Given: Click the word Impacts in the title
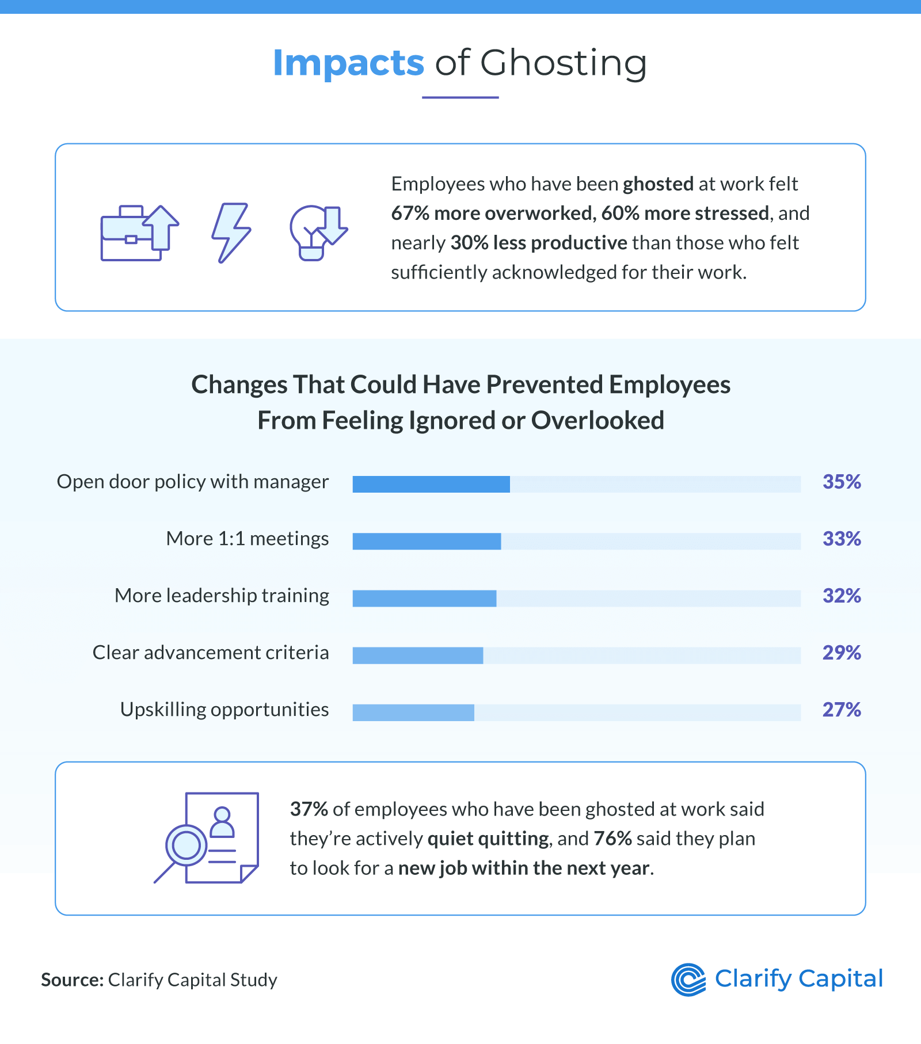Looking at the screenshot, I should (x=348, y=63).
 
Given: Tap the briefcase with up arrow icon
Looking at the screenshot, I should (x=139, y=233).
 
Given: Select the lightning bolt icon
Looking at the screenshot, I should (x=231, y=233).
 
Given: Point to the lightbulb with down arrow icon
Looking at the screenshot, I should (x=318, y=233).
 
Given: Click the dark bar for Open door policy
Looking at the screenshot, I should (x=431, y=484).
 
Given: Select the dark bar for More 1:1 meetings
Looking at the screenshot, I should (x=427, y=541).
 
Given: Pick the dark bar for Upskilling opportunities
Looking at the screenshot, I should (x=413, y=712).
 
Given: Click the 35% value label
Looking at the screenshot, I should (x=841, y=482).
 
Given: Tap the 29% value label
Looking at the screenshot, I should (x=841, y=653).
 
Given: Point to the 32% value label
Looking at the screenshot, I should (x=841, y=596).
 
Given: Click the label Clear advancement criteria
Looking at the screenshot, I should (x=211, y=653).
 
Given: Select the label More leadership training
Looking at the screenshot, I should (x=222, y=596).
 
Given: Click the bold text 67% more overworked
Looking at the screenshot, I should (x=492, y=214).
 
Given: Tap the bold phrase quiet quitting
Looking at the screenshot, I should (x=488, y=839).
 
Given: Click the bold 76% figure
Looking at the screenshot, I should (x=612, y=839).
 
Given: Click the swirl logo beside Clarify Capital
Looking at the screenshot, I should (x=688, y=979).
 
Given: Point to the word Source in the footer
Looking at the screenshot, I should (x=72, y=980).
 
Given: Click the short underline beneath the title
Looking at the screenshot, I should (x=460, y=97).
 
